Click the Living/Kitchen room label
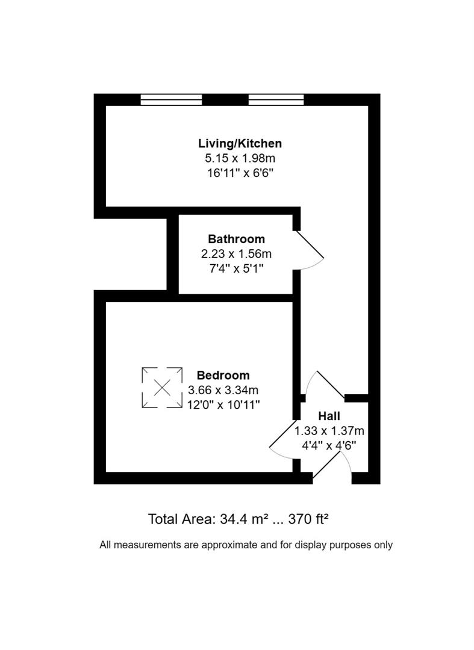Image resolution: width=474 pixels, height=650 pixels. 240,143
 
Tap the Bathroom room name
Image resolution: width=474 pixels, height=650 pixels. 236,239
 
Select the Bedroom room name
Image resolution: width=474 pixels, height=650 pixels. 223,375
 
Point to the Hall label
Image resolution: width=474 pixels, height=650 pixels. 329,416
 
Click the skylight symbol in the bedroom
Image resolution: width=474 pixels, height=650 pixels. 162,388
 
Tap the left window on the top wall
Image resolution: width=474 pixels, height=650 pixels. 171,100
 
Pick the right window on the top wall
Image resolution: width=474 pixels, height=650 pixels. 276,100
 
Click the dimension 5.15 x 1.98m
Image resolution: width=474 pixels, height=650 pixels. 240,158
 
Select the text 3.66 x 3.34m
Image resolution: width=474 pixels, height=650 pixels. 223,389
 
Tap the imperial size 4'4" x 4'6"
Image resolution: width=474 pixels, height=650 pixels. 329,445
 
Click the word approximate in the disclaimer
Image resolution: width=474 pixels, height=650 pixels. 228,545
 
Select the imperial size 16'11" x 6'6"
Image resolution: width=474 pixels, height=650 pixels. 240,173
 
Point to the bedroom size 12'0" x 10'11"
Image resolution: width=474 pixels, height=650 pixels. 223,404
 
